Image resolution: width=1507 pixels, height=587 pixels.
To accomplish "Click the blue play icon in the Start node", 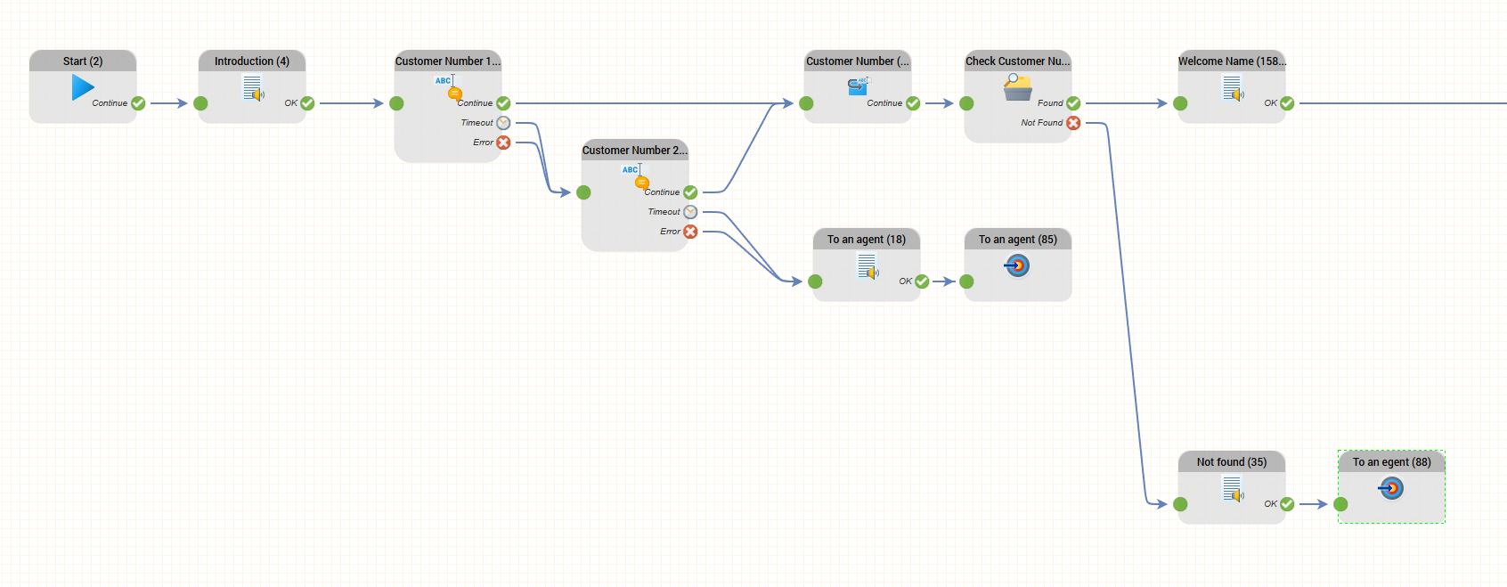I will (83, 87).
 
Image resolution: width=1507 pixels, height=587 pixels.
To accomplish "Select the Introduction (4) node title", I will (252, 61).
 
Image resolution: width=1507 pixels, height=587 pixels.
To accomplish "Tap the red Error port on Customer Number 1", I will (503, 143).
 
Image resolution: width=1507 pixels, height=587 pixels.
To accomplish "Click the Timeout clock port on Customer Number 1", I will (503, 123).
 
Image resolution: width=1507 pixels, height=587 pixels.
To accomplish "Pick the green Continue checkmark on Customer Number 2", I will (690, 192).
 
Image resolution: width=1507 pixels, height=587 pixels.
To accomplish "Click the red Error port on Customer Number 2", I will (690, 232).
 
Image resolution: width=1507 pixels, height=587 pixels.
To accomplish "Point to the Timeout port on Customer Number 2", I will (690, 212).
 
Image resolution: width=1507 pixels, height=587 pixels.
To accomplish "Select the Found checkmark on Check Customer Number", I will (1073, 103).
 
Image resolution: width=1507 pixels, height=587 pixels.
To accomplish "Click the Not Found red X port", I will (1073, 123).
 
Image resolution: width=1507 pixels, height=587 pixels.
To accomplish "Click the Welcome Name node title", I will (1232, 61).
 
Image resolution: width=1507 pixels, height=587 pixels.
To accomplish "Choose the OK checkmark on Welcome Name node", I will (1287, 103).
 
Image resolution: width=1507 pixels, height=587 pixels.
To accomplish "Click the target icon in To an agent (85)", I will (1017, 265).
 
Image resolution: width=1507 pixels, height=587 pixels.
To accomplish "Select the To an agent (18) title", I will (867, 240).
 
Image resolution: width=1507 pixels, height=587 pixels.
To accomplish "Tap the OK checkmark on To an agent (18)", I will (922, 281).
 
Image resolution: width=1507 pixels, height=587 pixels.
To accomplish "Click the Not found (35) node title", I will (1232, 462).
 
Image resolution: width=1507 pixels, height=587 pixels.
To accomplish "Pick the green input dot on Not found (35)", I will (1180, 504).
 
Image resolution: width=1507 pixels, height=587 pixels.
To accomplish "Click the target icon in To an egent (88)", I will (1391, 488).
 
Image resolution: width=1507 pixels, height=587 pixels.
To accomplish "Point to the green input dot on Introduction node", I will (200, 103).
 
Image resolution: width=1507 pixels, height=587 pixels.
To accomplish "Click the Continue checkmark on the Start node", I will (138, 103).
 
